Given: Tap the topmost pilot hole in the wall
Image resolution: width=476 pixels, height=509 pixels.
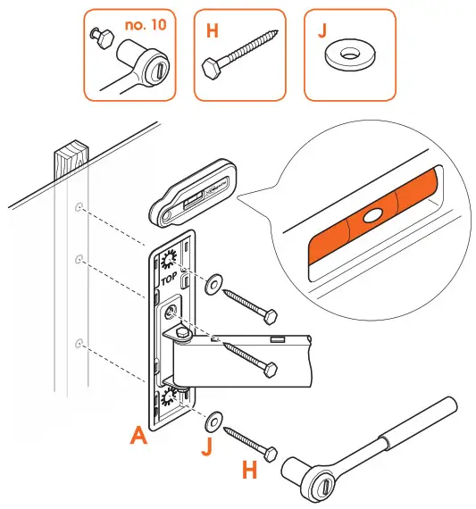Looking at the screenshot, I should point(80,208).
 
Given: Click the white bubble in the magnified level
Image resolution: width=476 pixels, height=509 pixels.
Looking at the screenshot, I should point(371,215).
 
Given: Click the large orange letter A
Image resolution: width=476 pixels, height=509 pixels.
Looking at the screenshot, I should point(138,436).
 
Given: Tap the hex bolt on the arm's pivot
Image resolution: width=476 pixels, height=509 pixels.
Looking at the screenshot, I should point(181,336).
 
